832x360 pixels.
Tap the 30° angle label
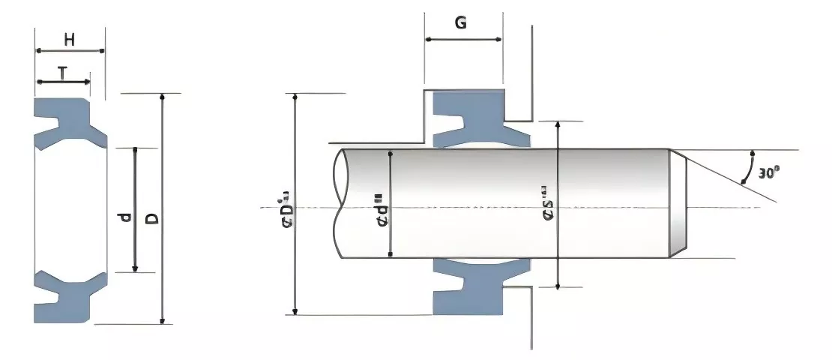pyautogui.click(x=768, y=172)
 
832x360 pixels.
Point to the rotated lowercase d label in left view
pyautogui.click(x=124, y=218)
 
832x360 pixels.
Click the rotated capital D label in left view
pyautogui.click(x=151, y=218)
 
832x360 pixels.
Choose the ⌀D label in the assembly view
pyautogui.click(x=285, y=209)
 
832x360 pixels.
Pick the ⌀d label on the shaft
pyautogui.click(x=382, y=210)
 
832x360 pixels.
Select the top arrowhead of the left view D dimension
pyautogui.click(x=161, y=98)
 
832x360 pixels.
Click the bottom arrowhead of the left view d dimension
pyautogui.click(x=135, y=268)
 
